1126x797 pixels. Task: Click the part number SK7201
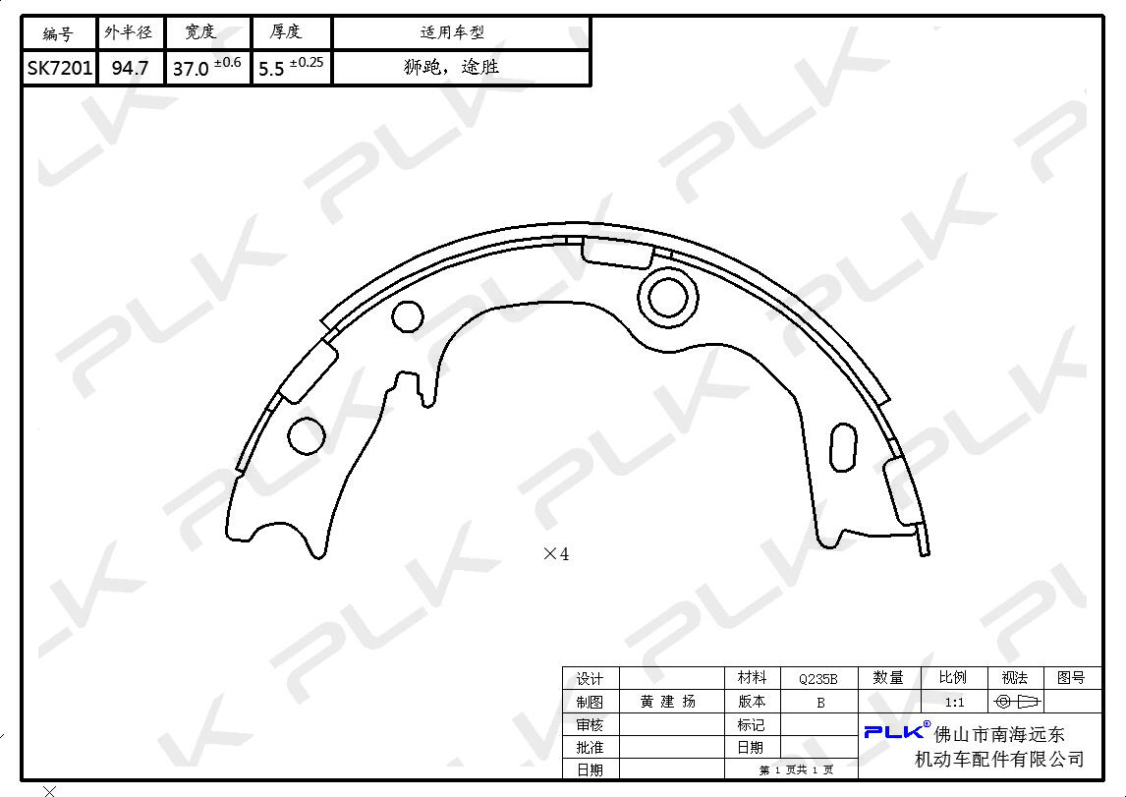pyautogui.click(x=60, y=68)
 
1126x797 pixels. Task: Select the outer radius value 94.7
pyautogui.click(x=130, y=68)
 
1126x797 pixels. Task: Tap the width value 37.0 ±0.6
pyautogui.click(x=206, y=67)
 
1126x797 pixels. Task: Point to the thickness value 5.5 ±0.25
pyautogui.click(x=291, y=67)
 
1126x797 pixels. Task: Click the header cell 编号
pyautogui.click(x=58, y=33)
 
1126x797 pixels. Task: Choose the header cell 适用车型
pyautogui.click(x=452, y=32)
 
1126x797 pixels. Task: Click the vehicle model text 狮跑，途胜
pyautogui.click(x=451, y=67)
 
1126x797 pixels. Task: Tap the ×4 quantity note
pyautogui.click(x=556, y=553)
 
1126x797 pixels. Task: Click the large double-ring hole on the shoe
pyautogui.click(x=668, y=273)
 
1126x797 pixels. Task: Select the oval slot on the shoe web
pyautogui.click(x=843, y=446)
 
